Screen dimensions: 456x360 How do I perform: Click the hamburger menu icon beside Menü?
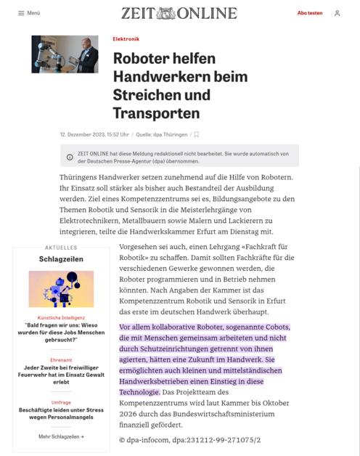22,13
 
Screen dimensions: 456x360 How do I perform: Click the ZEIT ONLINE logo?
179,13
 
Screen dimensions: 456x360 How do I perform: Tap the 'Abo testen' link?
310,13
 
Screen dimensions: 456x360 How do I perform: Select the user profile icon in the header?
337,13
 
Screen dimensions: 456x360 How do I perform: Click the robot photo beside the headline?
65,54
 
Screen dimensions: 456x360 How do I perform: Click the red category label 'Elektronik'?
126,39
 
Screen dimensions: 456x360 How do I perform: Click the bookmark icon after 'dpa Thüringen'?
197,134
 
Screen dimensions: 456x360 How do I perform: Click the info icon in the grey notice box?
70,157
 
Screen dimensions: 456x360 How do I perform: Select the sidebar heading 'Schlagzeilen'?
61,259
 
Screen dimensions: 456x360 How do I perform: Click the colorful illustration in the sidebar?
61,289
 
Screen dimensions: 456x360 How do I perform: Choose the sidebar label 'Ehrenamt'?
61,360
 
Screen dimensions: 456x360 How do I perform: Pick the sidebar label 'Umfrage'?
61,402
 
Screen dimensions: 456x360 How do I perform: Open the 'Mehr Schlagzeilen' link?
61,436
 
